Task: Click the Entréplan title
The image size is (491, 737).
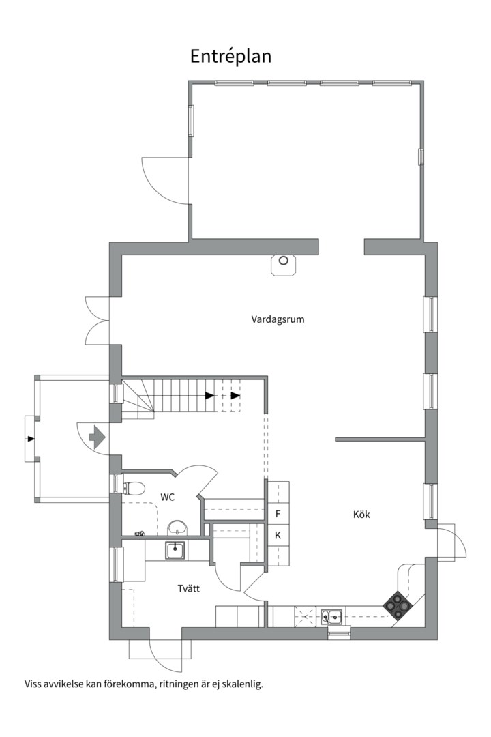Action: pos(230,57)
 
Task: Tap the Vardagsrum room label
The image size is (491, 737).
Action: pos(278,319)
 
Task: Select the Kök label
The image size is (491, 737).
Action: pos(361,515)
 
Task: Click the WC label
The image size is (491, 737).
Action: pos(167,497)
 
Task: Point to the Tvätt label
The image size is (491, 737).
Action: pos(189,588)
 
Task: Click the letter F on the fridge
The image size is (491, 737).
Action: pos(278,514)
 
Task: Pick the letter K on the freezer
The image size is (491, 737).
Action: pos(278,535)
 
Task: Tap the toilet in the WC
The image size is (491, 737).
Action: pos(134,489)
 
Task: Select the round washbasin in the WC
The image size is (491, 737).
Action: pos(177,528)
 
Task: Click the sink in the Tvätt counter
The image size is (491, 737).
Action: pos(175,550)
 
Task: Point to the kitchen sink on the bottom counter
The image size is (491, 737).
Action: pos(333,616)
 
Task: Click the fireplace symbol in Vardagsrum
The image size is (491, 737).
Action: pos(283,265)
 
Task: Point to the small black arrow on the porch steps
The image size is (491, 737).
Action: pos(31,439)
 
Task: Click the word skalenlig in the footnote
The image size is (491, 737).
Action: pos(243,684)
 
